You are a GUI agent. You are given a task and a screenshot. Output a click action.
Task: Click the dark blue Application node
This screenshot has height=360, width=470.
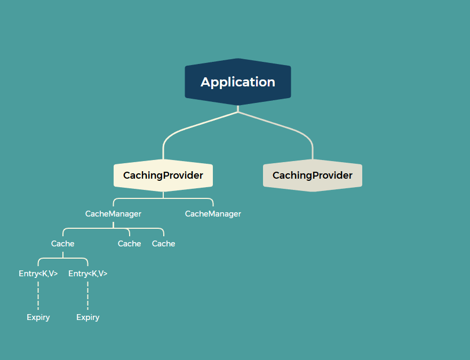[238, 82]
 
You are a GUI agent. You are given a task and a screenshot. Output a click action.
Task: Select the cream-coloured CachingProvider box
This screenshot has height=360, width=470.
[163, 175]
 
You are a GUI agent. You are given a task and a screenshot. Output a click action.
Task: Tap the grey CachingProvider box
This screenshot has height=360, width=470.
[313, 175]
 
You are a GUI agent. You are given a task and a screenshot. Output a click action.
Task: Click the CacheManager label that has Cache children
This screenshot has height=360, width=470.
[113, 214]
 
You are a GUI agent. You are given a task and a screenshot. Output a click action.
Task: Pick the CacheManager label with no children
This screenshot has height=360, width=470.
[213, 214]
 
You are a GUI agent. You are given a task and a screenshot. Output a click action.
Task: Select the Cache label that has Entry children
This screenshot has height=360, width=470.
[63, 244]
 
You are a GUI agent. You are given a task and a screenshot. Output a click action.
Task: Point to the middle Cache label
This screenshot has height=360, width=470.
[130, 244]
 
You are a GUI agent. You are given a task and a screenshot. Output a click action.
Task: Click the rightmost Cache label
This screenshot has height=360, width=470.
[163, 244]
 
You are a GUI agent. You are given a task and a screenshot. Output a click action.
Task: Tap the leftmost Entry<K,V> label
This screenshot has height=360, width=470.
[38, 274]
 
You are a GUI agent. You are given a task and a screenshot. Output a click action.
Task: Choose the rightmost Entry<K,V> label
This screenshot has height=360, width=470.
[88, 274]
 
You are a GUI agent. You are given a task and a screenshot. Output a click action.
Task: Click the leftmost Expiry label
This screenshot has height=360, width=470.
[38, 317]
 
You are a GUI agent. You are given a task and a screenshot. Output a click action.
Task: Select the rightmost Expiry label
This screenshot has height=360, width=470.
[88, 317]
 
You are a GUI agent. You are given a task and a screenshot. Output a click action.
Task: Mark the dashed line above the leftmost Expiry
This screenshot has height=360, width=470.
[38, 295]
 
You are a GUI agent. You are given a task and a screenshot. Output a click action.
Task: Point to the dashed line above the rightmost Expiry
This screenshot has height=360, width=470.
[88, 295]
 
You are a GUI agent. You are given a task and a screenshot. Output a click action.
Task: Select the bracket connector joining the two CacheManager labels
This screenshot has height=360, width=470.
[163, 198]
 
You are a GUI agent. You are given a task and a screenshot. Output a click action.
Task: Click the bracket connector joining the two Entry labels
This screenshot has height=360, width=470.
[63, 259]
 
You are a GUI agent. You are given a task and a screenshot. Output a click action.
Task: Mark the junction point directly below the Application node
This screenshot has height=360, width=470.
[238, 111]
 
